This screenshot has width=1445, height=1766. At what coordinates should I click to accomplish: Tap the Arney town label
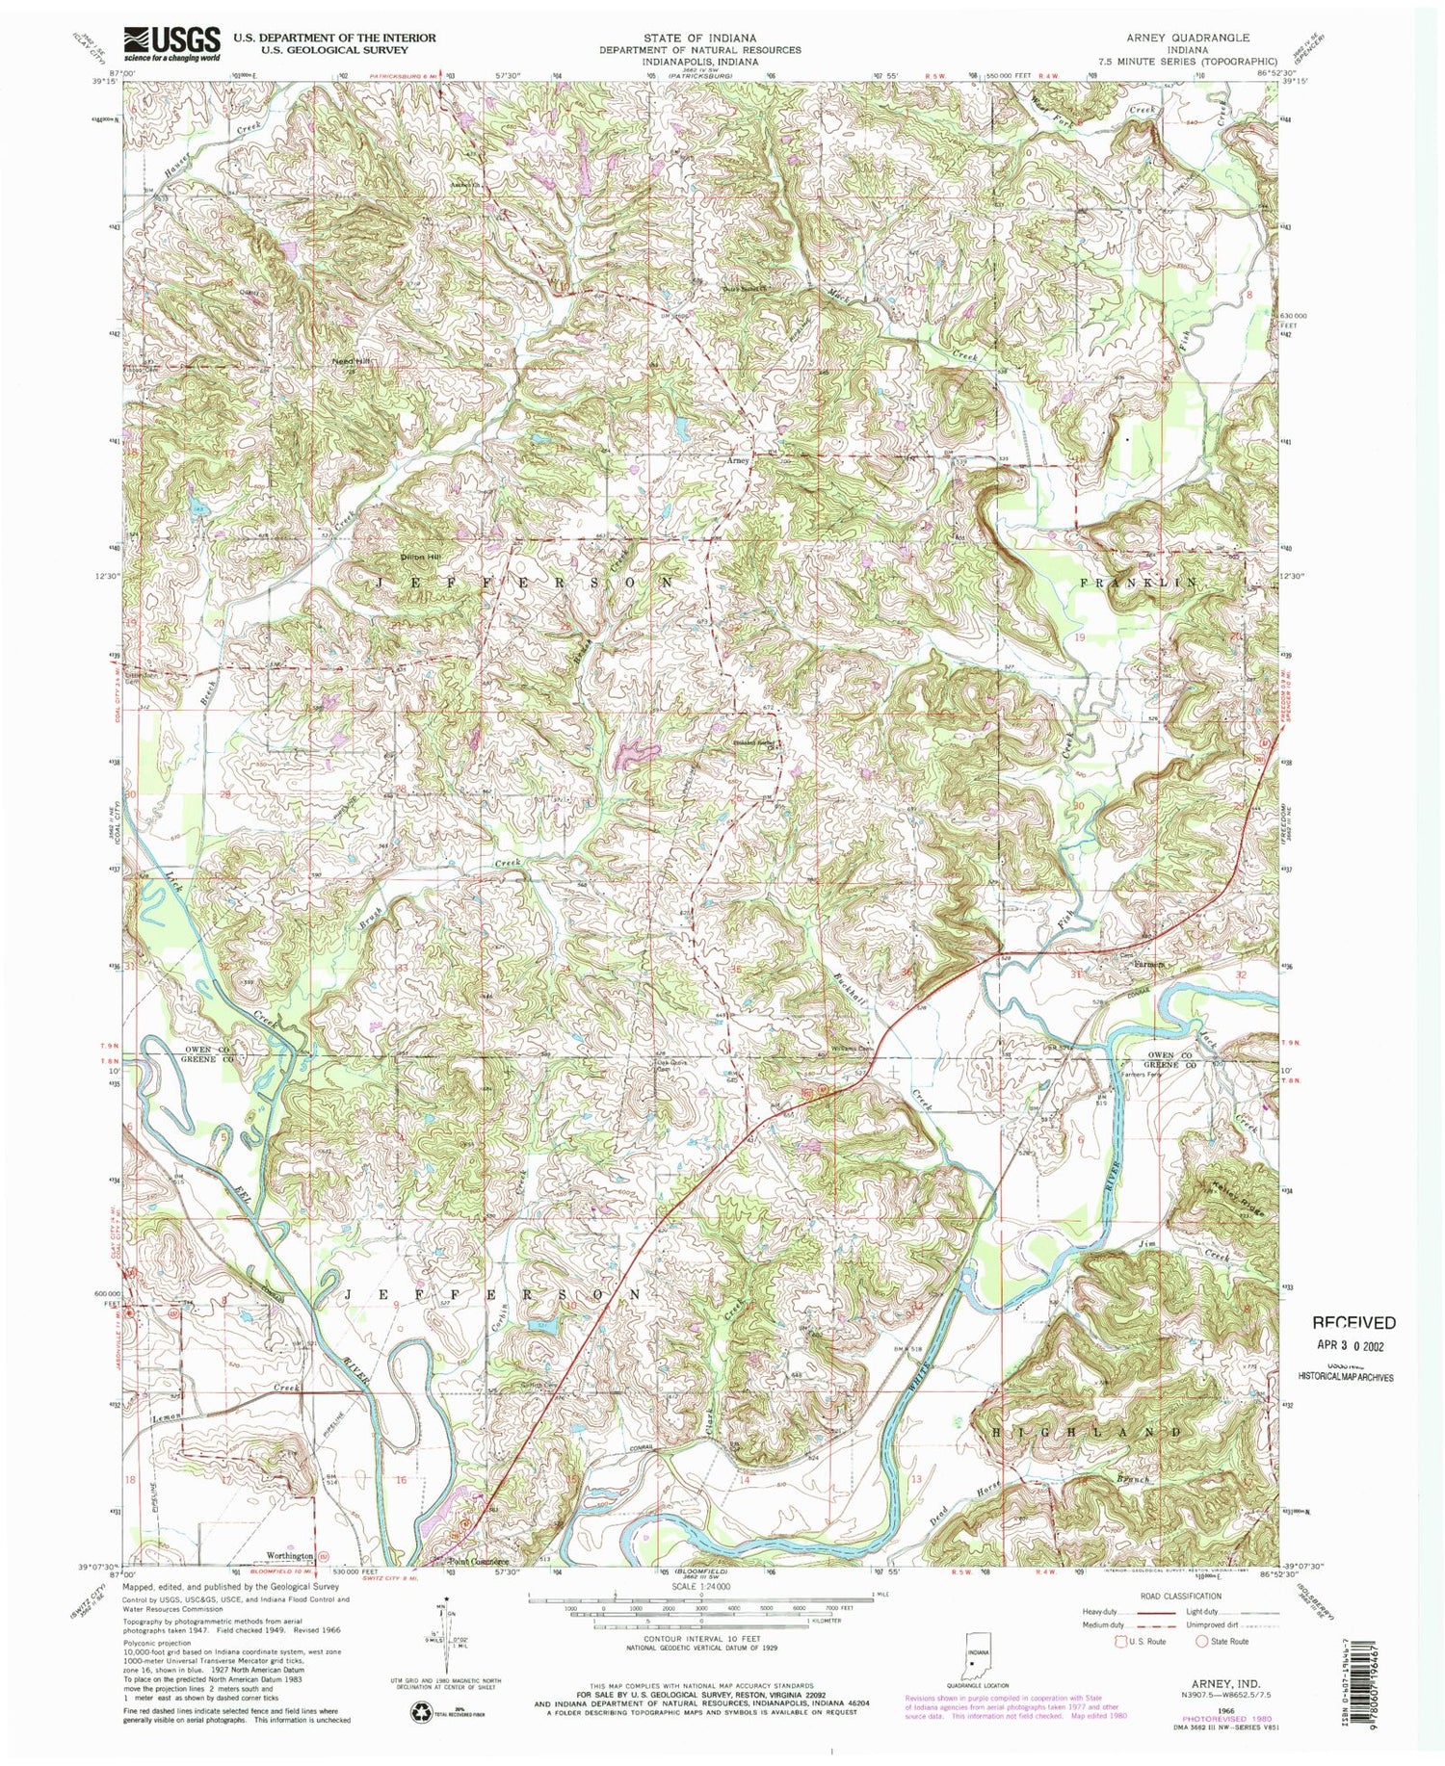737,461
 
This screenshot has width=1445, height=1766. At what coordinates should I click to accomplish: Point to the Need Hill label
352,361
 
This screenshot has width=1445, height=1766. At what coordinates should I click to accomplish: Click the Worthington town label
286,1555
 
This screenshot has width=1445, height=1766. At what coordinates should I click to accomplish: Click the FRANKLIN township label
1143,583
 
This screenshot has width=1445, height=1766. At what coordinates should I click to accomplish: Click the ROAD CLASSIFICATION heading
1181,1596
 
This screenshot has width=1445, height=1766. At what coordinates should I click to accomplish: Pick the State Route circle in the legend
1201,1641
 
